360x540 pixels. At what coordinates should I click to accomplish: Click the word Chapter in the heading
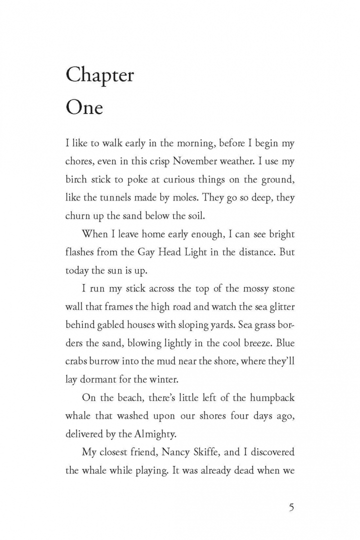pos(100,76)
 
